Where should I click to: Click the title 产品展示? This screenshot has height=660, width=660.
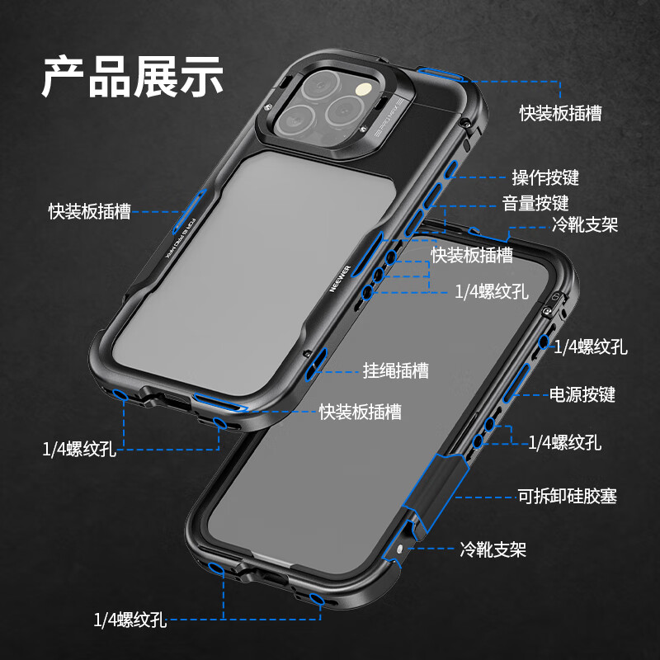tap(133, 77)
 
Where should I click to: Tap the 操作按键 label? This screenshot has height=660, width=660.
tap(545, 177)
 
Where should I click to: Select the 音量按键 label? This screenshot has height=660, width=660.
tap(535, 203)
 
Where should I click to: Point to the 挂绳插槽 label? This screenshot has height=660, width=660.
tap(396, 370)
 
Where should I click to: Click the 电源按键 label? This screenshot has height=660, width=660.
tap(582, 394)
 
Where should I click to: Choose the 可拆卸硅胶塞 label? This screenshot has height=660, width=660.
tap(567, 496)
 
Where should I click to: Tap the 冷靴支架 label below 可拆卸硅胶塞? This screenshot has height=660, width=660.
tap(493, 549)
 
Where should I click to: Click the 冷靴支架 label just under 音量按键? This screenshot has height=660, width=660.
tap(585, 224)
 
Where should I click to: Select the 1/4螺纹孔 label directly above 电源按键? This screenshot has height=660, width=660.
tap(591, 346)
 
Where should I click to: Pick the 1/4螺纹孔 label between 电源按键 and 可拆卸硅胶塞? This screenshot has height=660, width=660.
tap(564, 442)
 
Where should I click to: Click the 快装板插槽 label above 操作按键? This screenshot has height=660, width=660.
tap(560, 113)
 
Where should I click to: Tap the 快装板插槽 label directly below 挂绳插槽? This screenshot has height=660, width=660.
tap(361, 412)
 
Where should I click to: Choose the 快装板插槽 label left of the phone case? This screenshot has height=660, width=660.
tap(89, 211)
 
